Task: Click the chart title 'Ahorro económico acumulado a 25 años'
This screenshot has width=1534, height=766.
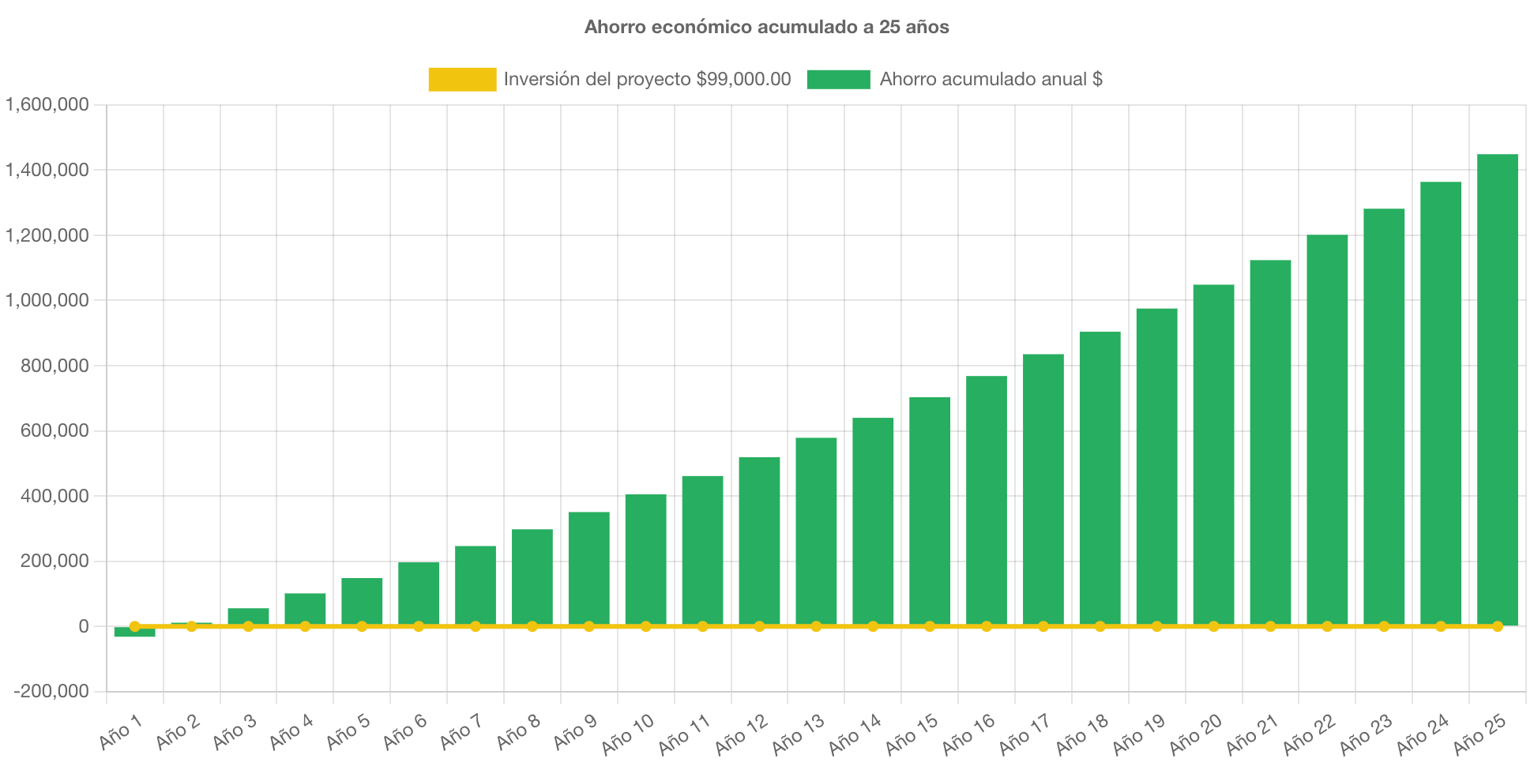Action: click(766, 27)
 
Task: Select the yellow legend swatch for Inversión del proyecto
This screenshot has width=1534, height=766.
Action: click(462, 79)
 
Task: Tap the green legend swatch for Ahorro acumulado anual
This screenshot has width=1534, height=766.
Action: click(838, 79)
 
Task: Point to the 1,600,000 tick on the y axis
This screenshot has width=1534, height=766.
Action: click(47, 104)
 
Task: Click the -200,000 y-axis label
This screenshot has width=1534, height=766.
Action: click(51, 692)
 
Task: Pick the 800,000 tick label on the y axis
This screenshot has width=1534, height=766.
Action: click(47, 366)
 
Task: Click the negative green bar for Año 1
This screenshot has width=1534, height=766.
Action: click(134, 633)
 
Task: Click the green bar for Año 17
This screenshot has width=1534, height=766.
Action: click(1043, 489)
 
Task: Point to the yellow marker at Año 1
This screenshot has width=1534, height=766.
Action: click(134, 626)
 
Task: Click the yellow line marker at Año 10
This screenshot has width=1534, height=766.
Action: click(645, 626)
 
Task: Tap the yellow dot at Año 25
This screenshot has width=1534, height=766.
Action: click(1497, 626)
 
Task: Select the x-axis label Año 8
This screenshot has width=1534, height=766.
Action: click(518, 731)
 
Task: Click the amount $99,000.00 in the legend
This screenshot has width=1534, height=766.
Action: click(743, 79)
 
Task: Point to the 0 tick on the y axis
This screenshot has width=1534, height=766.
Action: click(83, 626)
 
